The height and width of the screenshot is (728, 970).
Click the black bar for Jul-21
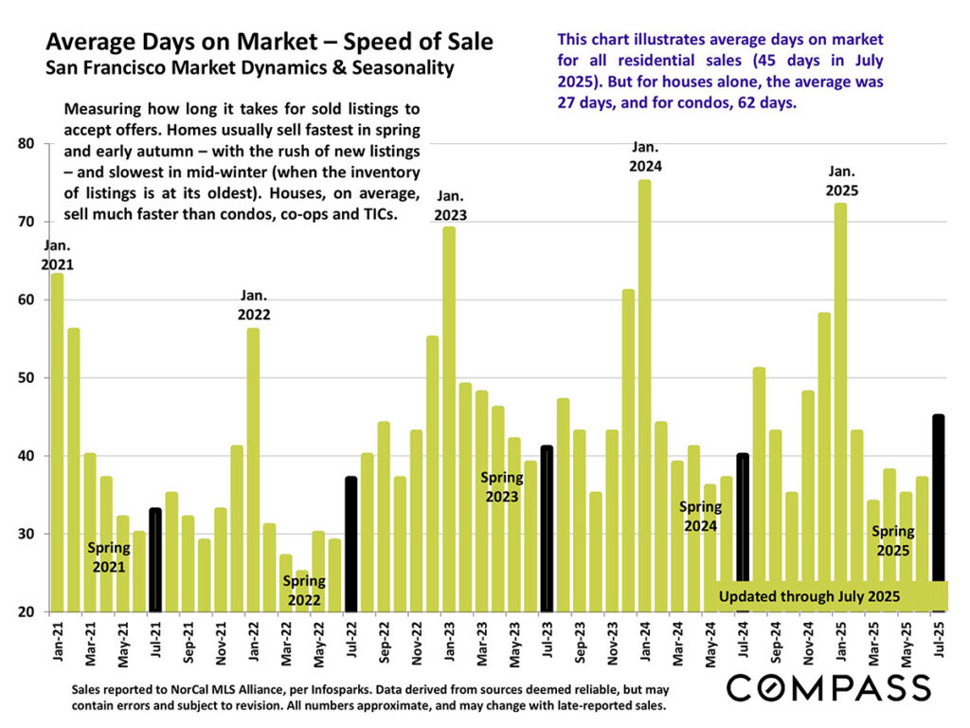point(155,559)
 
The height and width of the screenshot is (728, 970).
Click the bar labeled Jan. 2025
point(840,407)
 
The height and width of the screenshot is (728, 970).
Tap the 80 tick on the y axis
point(27,144)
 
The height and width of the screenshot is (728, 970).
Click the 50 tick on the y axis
point(27,378)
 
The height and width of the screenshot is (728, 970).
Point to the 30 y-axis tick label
point(27,535)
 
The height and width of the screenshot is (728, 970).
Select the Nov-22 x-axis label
point(417,641)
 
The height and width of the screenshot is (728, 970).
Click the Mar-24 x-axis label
point(677,641)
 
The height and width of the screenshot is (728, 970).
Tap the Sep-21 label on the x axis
point(189,641)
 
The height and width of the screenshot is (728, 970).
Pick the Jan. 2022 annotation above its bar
point(254,306)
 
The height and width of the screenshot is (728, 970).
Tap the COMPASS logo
point(827,687)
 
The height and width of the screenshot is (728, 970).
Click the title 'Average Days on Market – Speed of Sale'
point(269,43)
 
